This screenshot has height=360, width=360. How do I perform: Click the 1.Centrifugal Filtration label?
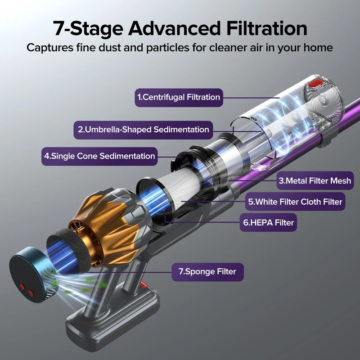click(x=179, y=98)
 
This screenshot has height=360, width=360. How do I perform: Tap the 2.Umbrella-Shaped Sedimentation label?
click(x=143, y=130)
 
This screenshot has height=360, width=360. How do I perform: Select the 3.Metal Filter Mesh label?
click(x=315, y=181)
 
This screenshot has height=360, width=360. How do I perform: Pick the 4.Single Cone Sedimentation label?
click(x=99, y=156)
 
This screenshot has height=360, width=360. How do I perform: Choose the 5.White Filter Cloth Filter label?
click(x=295, y=202)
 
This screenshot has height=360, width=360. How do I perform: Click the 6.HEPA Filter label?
click(x=268, y=222)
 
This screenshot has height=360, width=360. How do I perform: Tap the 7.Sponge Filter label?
click(x=207, y=272)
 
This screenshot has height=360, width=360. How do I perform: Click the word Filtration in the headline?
click(x=266, y=28)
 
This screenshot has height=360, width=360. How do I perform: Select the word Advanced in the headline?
click(x=174, y=28)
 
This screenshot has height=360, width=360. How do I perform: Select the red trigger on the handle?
click(x=144, y=284)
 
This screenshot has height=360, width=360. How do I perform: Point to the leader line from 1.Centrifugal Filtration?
click(x=252, y=98)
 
